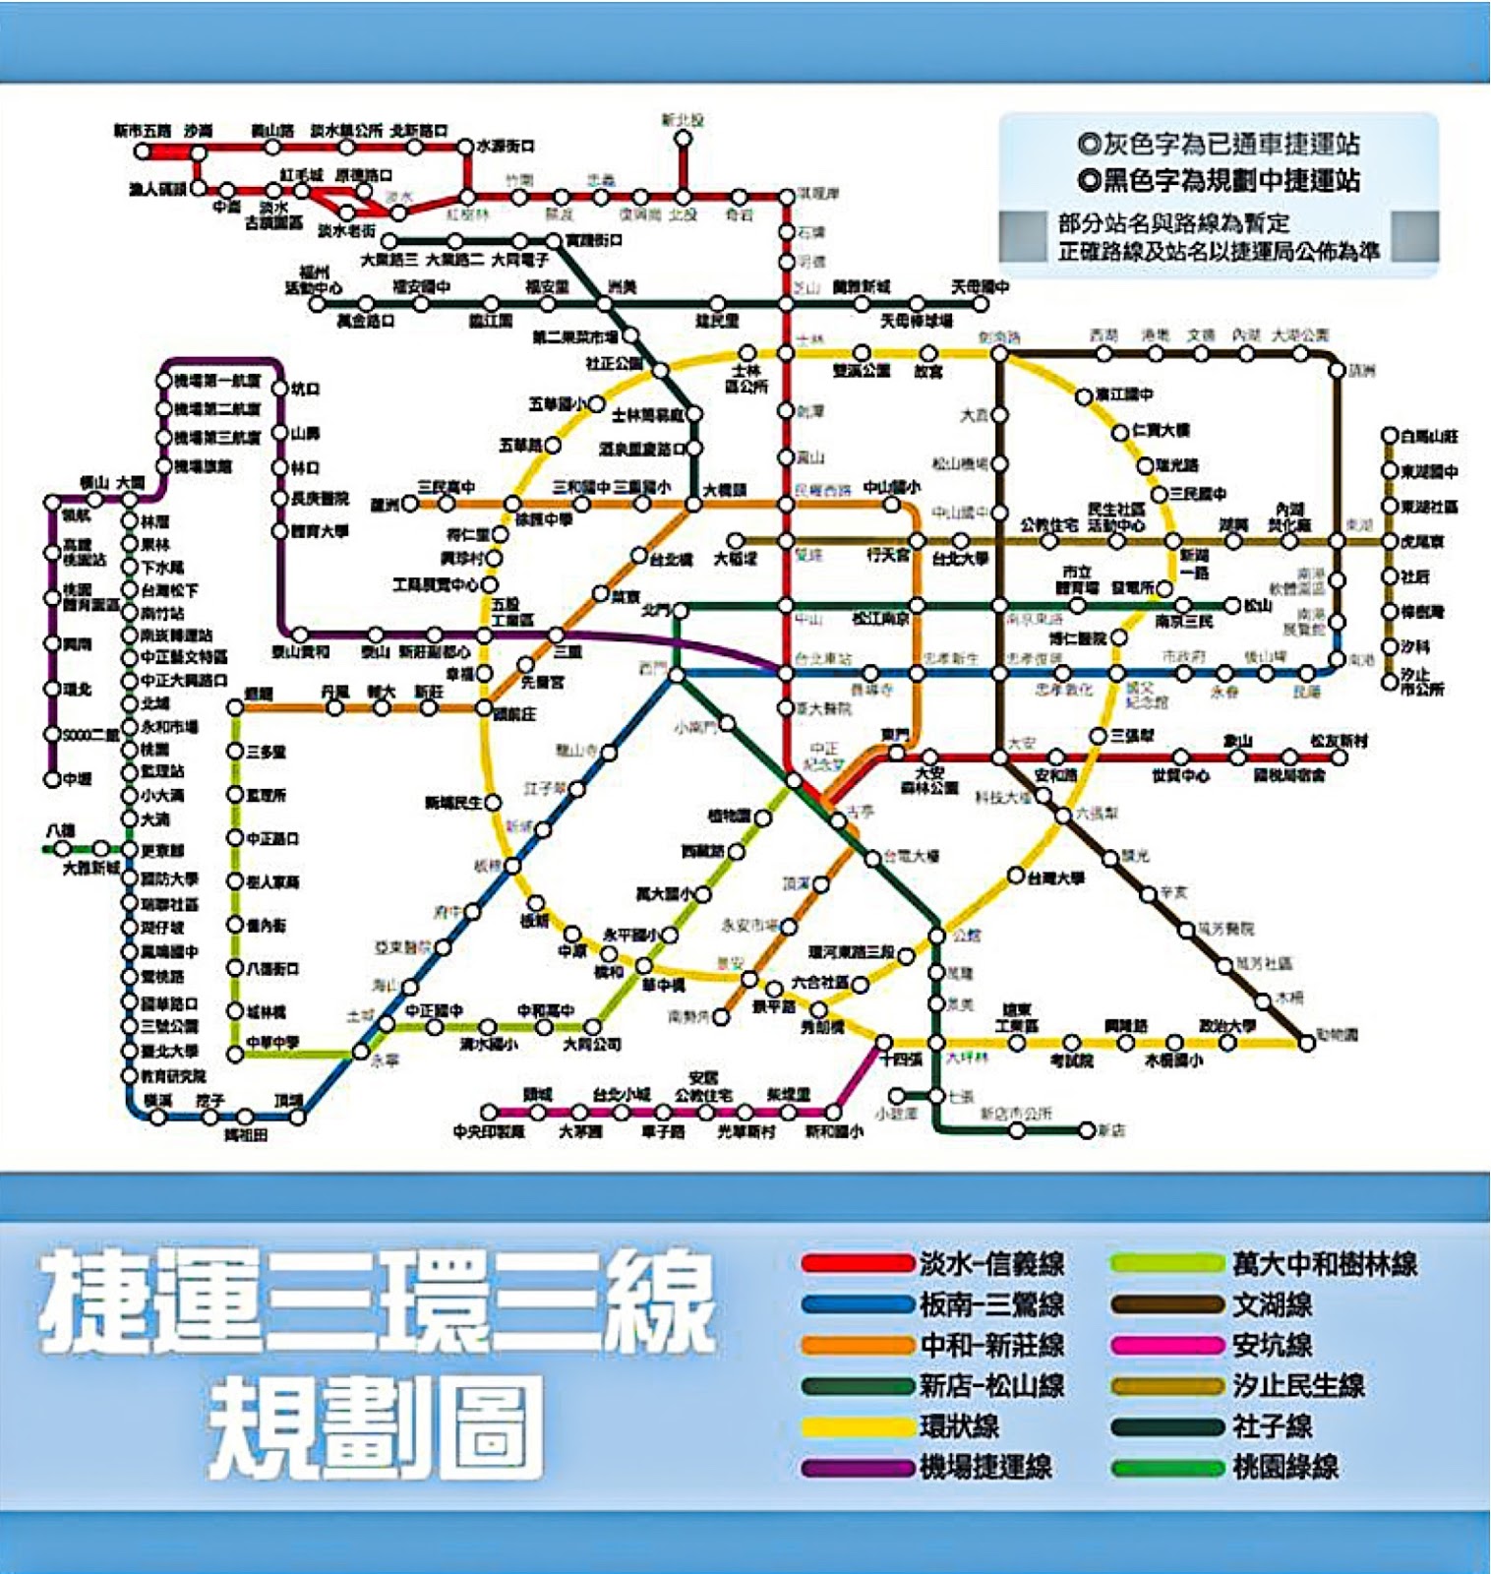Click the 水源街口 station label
tap(506, 147)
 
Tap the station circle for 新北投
tap(683, 139)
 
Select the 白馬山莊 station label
tap(1429, 436)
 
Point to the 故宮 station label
tap(928, 371)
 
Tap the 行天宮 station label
tap(887, 556)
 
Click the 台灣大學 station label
tap(1055, 878)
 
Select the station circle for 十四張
tap(883, 1043)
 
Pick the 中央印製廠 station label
tap(489, 1132)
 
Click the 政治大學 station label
tap(1226, 1026)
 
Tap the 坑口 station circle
tap(279, 390)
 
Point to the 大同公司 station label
tap(592, 1044)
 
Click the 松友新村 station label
tap(1339, 741)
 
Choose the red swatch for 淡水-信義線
tap(857, 1263)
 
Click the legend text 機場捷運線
tap(985, 1467)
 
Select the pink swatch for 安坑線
tap(1167, 1345)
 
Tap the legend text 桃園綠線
tap(1285, 1467)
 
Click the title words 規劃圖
tap(376, 1427)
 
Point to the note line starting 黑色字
tap(1220, 181)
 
